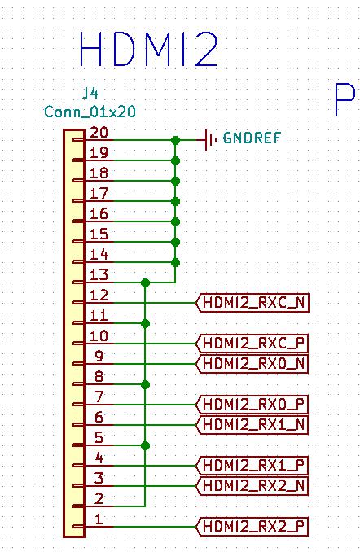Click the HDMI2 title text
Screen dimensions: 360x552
click(x=148, y=49)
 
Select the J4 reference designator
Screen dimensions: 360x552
click(x=90, y=94)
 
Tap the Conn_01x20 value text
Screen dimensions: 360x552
click(x=90, y=112)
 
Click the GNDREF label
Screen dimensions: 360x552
click(x=252, y=138)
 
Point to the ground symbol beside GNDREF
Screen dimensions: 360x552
click(x=210, y=140)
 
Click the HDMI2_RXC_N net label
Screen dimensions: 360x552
click(x=252, y=303)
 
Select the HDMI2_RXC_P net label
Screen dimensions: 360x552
click(x=252, y=344)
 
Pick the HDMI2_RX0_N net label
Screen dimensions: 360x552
click(x=252, y=364)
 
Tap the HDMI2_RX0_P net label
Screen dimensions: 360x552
click(x=252, y=404)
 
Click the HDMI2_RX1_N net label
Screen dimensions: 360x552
click(x=252, y=424)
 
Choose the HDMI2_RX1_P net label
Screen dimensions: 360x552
click(x=252, y=466)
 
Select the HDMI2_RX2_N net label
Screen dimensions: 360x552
click(x=252, y=486)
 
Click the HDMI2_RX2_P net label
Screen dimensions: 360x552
click(x=252, y=527)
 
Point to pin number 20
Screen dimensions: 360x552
click(x=99, y=133)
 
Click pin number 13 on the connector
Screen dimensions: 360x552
click(x=99, y=274)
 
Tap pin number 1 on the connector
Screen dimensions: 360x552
click(x=99, y=519)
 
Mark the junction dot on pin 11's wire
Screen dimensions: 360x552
click(x=145, y=323)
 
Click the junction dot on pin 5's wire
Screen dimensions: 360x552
click(x=145, y=445)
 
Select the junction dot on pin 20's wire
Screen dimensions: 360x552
click(x=175, y=141)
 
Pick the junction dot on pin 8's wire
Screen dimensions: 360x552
click(x=145, y=384)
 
